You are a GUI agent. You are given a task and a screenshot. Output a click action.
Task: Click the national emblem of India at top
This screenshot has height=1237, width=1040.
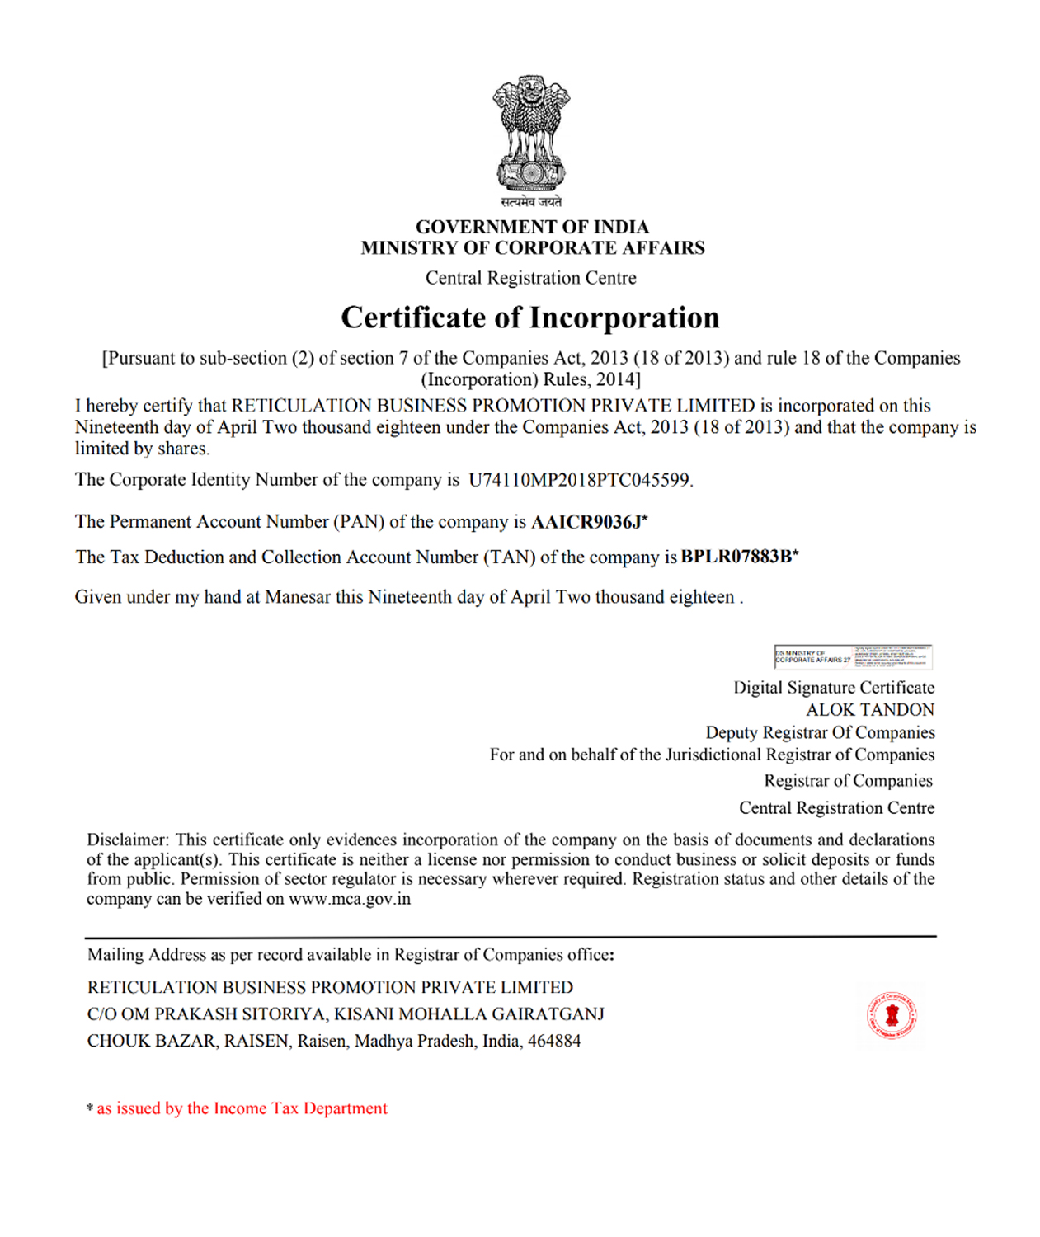[531, 131]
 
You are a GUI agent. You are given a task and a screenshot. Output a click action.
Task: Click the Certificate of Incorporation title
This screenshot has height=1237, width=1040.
[530, 317]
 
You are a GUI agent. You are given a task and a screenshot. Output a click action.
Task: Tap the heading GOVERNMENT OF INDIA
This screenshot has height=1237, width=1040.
[532, 227]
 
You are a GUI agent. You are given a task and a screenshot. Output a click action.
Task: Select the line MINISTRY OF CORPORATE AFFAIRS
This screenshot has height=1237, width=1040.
[532, 248]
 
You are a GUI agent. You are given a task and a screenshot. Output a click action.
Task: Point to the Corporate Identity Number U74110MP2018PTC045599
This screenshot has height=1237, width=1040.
[579, 480]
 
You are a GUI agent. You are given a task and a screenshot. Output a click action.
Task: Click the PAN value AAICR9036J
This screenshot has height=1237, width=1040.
[586, 522]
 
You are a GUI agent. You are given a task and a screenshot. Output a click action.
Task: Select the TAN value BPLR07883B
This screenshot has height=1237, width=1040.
[736, 557]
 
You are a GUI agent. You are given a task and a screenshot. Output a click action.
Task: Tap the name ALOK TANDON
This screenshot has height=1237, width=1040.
[870, 710]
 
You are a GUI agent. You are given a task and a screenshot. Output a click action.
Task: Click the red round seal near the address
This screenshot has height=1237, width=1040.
[892, 1015]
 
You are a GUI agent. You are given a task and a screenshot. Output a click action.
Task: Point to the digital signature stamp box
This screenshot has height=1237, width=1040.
[853, 656]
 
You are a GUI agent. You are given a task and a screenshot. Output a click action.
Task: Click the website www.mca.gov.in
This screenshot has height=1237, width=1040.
[350, 899]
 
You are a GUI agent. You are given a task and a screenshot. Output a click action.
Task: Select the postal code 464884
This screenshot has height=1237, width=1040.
[554, 1041]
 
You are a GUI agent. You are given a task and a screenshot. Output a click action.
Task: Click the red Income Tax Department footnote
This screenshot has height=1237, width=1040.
[242, 1108]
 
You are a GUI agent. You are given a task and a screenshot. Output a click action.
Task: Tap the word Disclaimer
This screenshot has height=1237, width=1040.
[127, 840]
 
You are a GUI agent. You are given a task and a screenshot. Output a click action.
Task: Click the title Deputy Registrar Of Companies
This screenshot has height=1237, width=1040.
[820, 732]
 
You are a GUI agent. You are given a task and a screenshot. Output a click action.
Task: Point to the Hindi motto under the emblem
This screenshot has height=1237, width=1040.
[531, 202]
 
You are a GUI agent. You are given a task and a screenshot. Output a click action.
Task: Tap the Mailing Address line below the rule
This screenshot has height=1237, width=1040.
[351, 955]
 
